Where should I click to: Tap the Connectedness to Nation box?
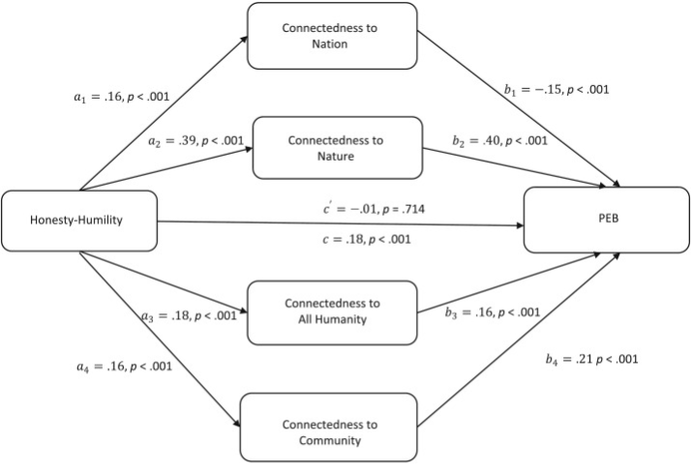332,35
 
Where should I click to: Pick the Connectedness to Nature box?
337,148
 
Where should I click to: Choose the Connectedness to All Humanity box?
332,311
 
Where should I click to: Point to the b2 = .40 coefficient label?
499,140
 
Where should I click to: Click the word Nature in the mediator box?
337,157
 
